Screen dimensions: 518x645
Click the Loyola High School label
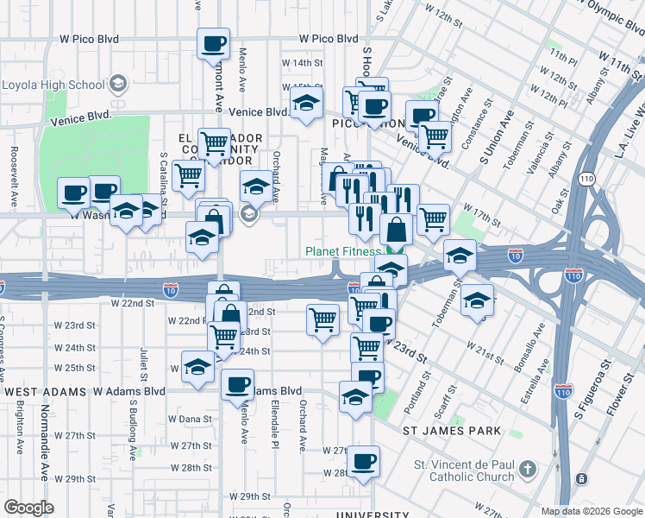[53, 85]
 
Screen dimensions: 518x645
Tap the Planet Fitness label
[342, 252]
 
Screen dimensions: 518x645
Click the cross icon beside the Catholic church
[527, 471]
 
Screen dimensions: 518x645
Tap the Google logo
[28, 508]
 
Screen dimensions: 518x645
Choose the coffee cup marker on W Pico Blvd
[213, 43]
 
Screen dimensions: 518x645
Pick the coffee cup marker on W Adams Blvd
[237, 385]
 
